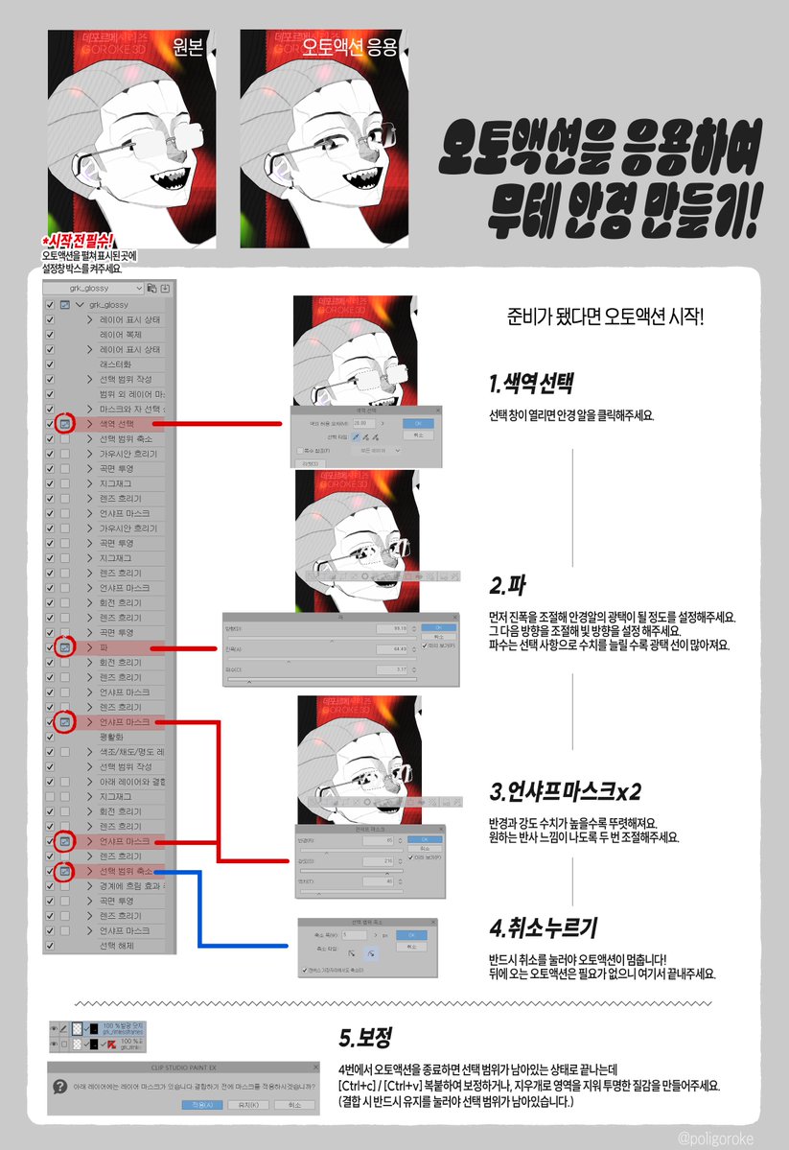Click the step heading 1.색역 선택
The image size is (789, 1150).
pyautogui.click(x=530, y=385)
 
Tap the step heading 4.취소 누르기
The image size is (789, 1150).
pyautogui.click(x=543, y=928)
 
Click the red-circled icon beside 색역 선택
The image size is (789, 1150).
pyautogui.click(x=64, y=423)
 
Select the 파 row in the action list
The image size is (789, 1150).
pyautogui.click(x=105, y=648)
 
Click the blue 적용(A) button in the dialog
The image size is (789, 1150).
pyautogui.click(x=202, y=1105)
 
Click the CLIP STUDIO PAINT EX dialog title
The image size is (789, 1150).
pyautogui.click(x=181, y=1066)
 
